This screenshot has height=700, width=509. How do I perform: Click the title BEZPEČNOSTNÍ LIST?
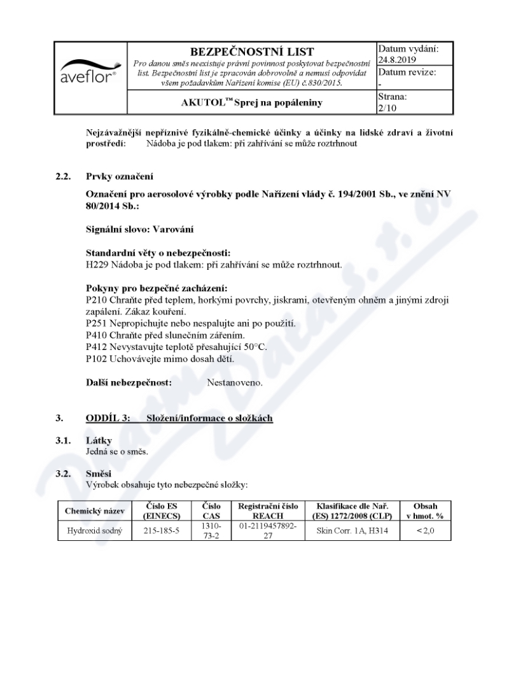(x=251, y=52)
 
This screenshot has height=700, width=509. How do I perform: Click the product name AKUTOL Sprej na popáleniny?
(x=252, y=102)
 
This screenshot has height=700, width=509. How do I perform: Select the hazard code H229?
(x=97, y=263)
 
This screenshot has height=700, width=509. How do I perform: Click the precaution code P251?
(x=97, y=324)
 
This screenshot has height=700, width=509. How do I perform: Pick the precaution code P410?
(x=97, y=335)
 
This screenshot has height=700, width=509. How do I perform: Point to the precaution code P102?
(x=97, y=358)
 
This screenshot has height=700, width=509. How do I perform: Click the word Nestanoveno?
(x=235, y=384)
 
